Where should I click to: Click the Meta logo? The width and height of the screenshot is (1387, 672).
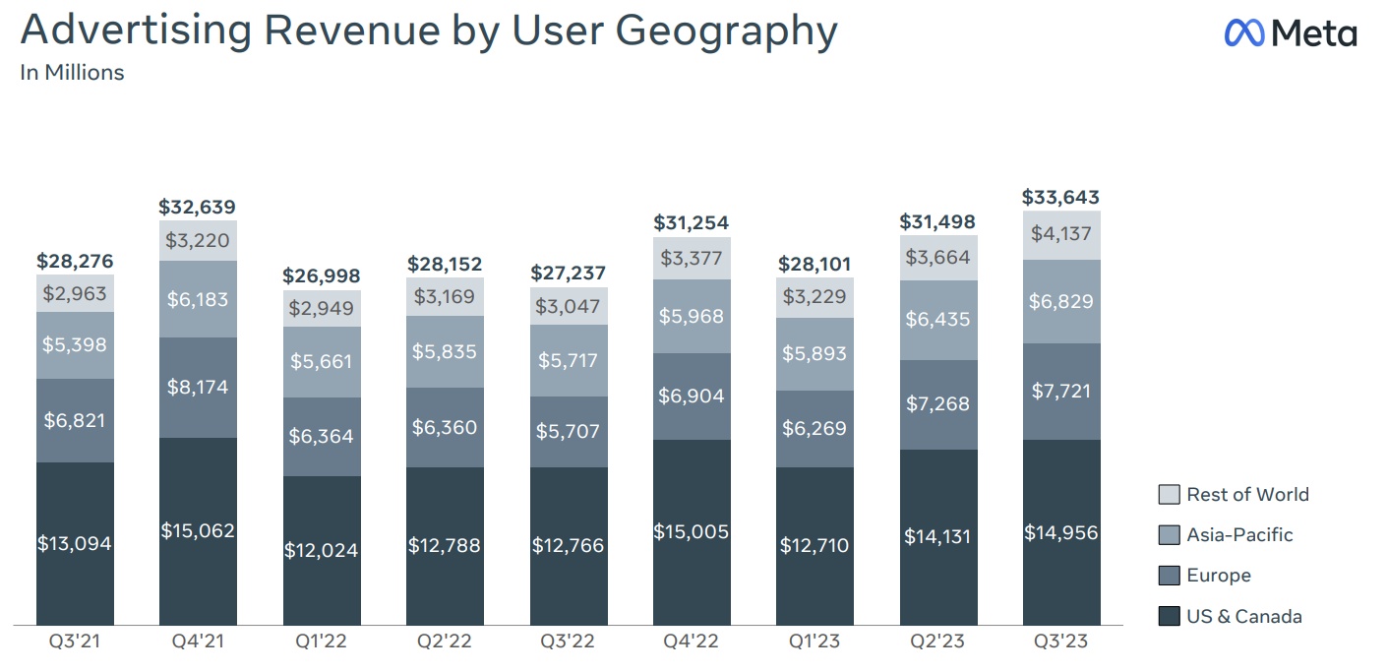[1290, 33]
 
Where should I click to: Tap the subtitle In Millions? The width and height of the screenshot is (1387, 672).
[72, 73]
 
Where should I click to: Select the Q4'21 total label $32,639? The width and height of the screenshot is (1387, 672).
[198, 208]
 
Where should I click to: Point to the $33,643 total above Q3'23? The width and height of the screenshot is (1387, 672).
[1060, 197]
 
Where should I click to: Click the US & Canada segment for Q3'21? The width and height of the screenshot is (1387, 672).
[75, 543]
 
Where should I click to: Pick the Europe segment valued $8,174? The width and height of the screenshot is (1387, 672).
[198, 387]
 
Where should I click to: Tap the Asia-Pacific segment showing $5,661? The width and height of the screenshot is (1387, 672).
[322, 361]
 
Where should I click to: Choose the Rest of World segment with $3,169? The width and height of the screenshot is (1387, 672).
[445, 296]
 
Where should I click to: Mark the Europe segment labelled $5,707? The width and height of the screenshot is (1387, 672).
[568, 431]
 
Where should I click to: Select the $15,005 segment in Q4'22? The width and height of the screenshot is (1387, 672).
[692, 531]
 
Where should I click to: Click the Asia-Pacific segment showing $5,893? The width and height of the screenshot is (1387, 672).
[814, 353]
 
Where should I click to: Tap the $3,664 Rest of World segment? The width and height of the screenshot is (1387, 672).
[937, 257]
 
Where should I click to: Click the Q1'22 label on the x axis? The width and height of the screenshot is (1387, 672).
[322, 642]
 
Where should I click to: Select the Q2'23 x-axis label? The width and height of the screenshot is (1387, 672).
[937, 642]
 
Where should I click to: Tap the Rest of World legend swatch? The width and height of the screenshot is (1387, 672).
[1169, 495]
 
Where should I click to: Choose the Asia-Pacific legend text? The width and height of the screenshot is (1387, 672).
[1239, 535]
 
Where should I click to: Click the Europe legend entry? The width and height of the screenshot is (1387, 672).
[1218, 576]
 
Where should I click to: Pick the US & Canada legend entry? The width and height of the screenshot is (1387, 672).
[1243, 617]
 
